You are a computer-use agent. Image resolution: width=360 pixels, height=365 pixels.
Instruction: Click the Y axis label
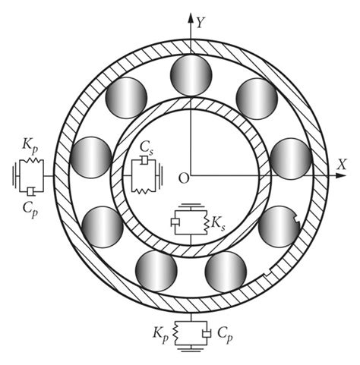pos(201,23)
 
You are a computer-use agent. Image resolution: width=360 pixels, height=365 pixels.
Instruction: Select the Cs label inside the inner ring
pos(147,147)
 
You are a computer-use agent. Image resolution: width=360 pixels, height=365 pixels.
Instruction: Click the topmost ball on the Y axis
pos(190,74)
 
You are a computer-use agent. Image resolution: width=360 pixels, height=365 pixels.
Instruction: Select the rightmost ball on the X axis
pos(291,158)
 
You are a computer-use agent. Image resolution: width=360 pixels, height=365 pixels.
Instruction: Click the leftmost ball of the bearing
pos(90,157)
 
